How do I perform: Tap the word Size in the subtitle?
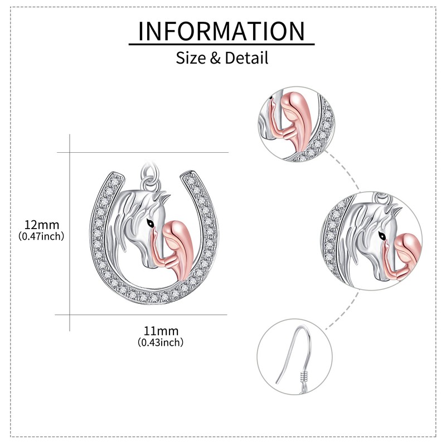pos(191,57)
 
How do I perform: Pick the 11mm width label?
pos(160,331)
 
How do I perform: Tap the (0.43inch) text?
pos(160,342)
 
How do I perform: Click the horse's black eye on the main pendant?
pos(149,222)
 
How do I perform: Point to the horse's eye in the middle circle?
pos(381,235)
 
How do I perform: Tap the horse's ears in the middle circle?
pos(394,210)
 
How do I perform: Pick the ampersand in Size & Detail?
pos(215,57)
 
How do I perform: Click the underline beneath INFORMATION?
pos(222,44)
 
